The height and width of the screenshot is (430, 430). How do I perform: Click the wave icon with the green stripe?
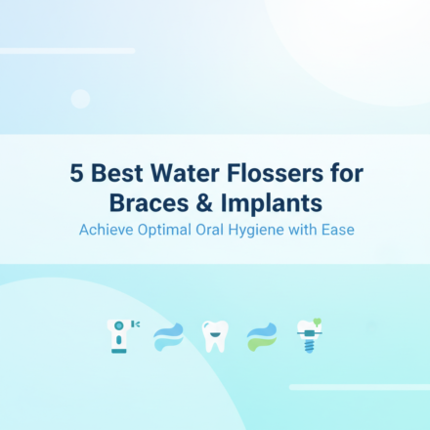(262, 336)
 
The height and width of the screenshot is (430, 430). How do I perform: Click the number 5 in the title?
(76, 176)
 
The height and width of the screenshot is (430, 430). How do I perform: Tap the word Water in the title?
(189, 176)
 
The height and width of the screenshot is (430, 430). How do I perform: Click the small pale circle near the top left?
(81, 98)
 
